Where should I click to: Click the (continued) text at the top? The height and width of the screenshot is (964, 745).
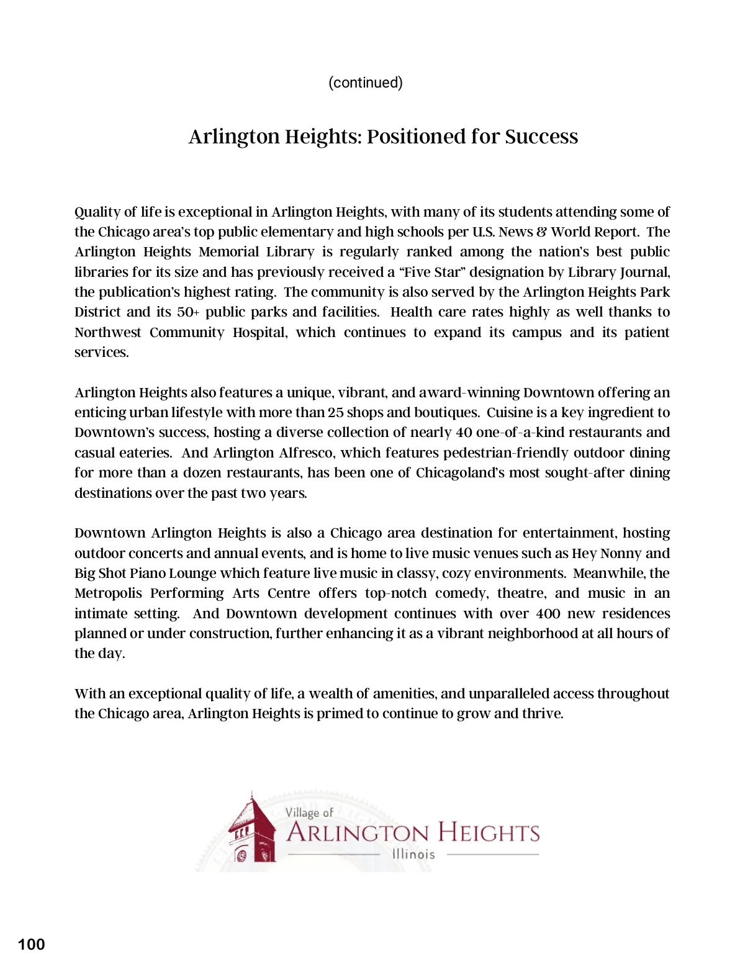[x=366, y=83]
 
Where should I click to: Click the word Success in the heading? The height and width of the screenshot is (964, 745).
[x=541, y=137]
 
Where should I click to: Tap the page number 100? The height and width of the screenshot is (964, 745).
[x=32, y=944]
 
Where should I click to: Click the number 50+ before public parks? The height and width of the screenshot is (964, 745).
[x=188, y=312]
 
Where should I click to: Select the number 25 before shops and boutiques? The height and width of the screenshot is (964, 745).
[x=336, y=413]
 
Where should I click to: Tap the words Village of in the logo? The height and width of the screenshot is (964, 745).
[x=309, y=813]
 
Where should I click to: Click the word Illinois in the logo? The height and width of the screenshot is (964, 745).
[x=413, y=855]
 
